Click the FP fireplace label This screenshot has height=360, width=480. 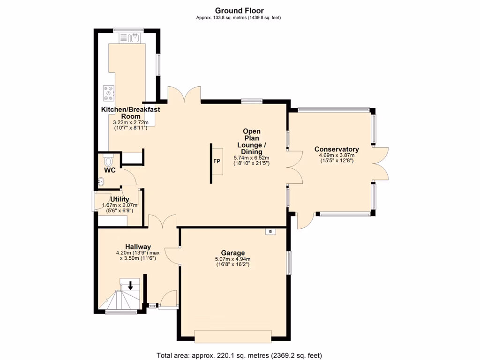coord(217,162)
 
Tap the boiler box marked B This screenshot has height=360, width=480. coord(270,231)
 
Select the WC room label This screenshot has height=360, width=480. coord(110,170)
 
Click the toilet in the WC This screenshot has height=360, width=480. coord(109,161)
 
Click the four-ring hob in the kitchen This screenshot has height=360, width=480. coord(109,93)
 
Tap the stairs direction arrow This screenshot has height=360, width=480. coord(130,284)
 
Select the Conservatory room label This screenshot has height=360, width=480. coord(337,150)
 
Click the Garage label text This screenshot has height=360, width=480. coord(232,253)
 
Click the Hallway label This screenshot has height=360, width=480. coord(138,247)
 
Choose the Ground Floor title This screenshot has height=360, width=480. coord(239,10)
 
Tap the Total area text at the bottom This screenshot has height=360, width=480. coord(239,355)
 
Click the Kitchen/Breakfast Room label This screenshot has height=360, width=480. coord(131,112)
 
